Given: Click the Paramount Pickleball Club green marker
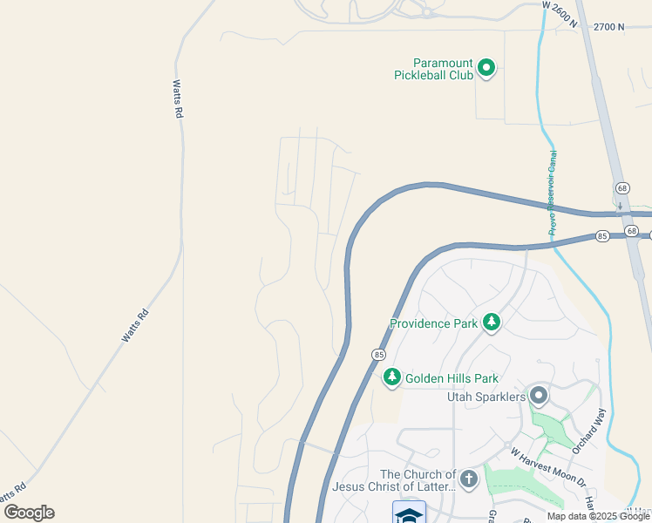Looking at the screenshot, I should click(486, 67).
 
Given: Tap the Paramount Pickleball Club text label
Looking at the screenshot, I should click(443, 69).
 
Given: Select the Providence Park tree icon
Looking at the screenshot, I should click(492, 323).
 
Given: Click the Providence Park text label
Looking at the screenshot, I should click(433, 323).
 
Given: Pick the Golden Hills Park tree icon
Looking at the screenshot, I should click(392, 377).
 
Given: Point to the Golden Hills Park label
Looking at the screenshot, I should click(452, 378).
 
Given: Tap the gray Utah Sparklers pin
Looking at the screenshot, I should click(539, 396).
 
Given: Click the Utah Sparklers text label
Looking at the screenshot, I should click(486, 397).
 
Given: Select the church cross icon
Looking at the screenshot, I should click(469, 479).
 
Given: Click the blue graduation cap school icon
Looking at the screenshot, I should click(409, 513).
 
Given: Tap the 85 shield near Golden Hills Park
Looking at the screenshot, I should click(378, 355).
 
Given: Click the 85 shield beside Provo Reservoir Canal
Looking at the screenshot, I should click(602, 236).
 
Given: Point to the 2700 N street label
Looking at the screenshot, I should click(609, 27).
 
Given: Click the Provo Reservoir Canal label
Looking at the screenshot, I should click(553, 194).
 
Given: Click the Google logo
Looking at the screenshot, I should click(29, 513).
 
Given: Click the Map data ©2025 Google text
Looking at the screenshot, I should click(599, 516).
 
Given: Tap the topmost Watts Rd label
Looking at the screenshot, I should click(177, 98).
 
